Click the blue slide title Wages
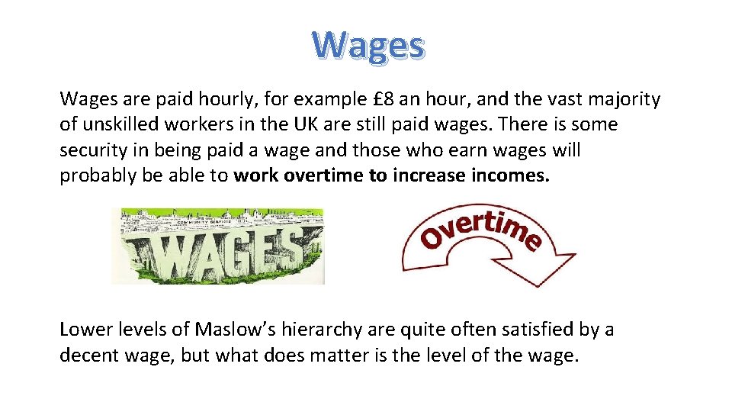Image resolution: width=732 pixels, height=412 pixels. (368, 46)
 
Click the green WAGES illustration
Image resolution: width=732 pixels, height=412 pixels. (218, 246)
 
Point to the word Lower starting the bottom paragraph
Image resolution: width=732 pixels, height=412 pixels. (85, 330)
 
